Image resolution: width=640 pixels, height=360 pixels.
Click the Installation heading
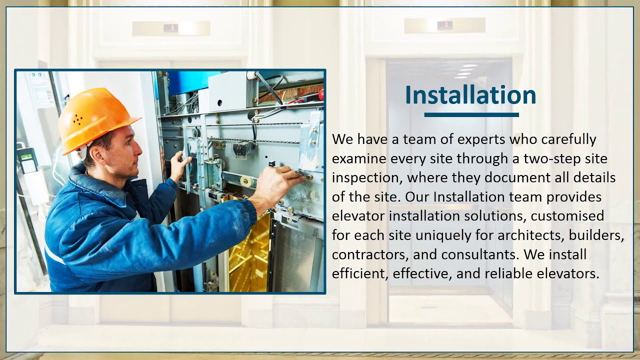click(x=470, y=95)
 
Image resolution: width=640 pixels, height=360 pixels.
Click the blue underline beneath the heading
click(x=471, y=115)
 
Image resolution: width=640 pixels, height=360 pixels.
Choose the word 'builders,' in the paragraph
click(x=596, y=235)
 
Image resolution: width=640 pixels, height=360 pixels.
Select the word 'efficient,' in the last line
click(x=360, y=274)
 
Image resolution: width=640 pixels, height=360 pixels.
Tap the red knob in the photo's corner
click(x=320, y=93)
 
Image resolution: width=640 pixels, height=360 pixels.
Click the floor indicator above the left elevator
click(x=171, y=28)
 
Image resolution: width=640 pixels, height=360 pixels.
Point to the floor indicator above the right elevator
click(x=444, y=25)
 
